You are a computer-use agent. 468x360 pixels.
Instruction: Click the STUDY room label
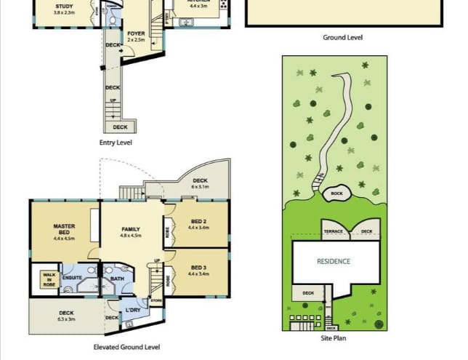64,9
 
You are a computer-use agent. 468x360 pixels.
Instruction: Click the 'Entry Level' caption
116,143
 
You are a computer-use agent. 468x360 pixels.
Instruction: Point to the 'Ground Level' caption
342,37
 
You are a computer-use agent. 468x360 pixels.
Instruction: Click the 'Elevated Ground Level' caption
126,347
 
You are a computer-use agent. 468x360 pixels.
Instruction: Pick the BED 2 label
198,224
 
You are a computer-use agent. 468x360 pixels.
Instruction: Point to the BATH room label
117,278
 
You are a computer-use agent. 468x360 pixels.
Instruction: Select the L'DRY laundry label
133,311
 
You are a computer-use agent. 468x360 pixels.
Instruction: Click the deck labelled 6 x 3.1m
199,183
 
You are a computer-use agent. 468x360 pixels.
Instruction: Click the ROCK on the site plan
336,193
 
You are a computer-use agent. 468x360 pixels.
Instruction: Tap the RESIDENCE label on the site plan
333,261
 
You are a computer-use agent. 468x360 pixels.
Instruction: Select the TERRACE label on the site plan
333,232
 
